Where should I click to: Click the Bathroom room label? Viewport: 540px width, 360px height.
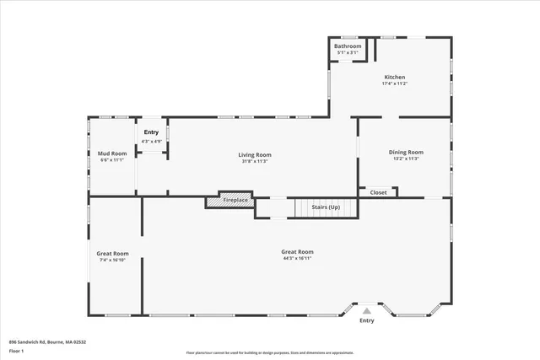click(347, 46)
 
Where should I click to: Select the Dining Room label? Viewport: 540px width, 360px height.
click(406, 152)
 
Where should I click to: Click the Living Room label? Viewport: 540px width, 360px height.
click(254, 154)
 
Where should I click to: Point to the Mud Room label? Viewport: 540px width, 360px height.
click(111, 153)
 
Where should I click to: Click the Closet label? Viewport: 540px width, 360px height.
click(378, 192)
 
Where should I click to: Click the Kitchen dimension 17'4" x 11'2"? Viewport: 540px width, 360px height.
click(395, 83)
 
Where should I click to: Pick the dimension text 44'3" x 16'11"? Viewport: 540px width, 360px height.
click(297, 259)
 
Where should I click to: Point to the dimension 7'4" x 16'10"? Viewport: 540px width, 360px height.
click(111, 261)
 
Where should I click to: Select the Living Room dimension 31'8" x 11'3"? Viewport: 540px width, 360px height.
click(254, 161)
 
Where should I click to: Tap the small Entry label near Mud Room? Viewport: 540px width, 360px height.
click(151, 132)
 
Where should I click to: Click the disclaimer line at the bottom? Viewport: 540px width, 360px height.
click(282, 353)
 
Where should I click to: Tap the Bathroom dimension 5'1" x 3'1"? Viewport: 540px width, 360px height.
click(347, 52)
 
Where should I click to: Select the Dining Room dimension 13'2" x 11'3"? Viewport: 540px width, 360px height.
click(406, 159)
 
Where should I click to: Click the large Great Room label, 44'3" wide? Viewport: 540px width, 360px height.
click(297, 252)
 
